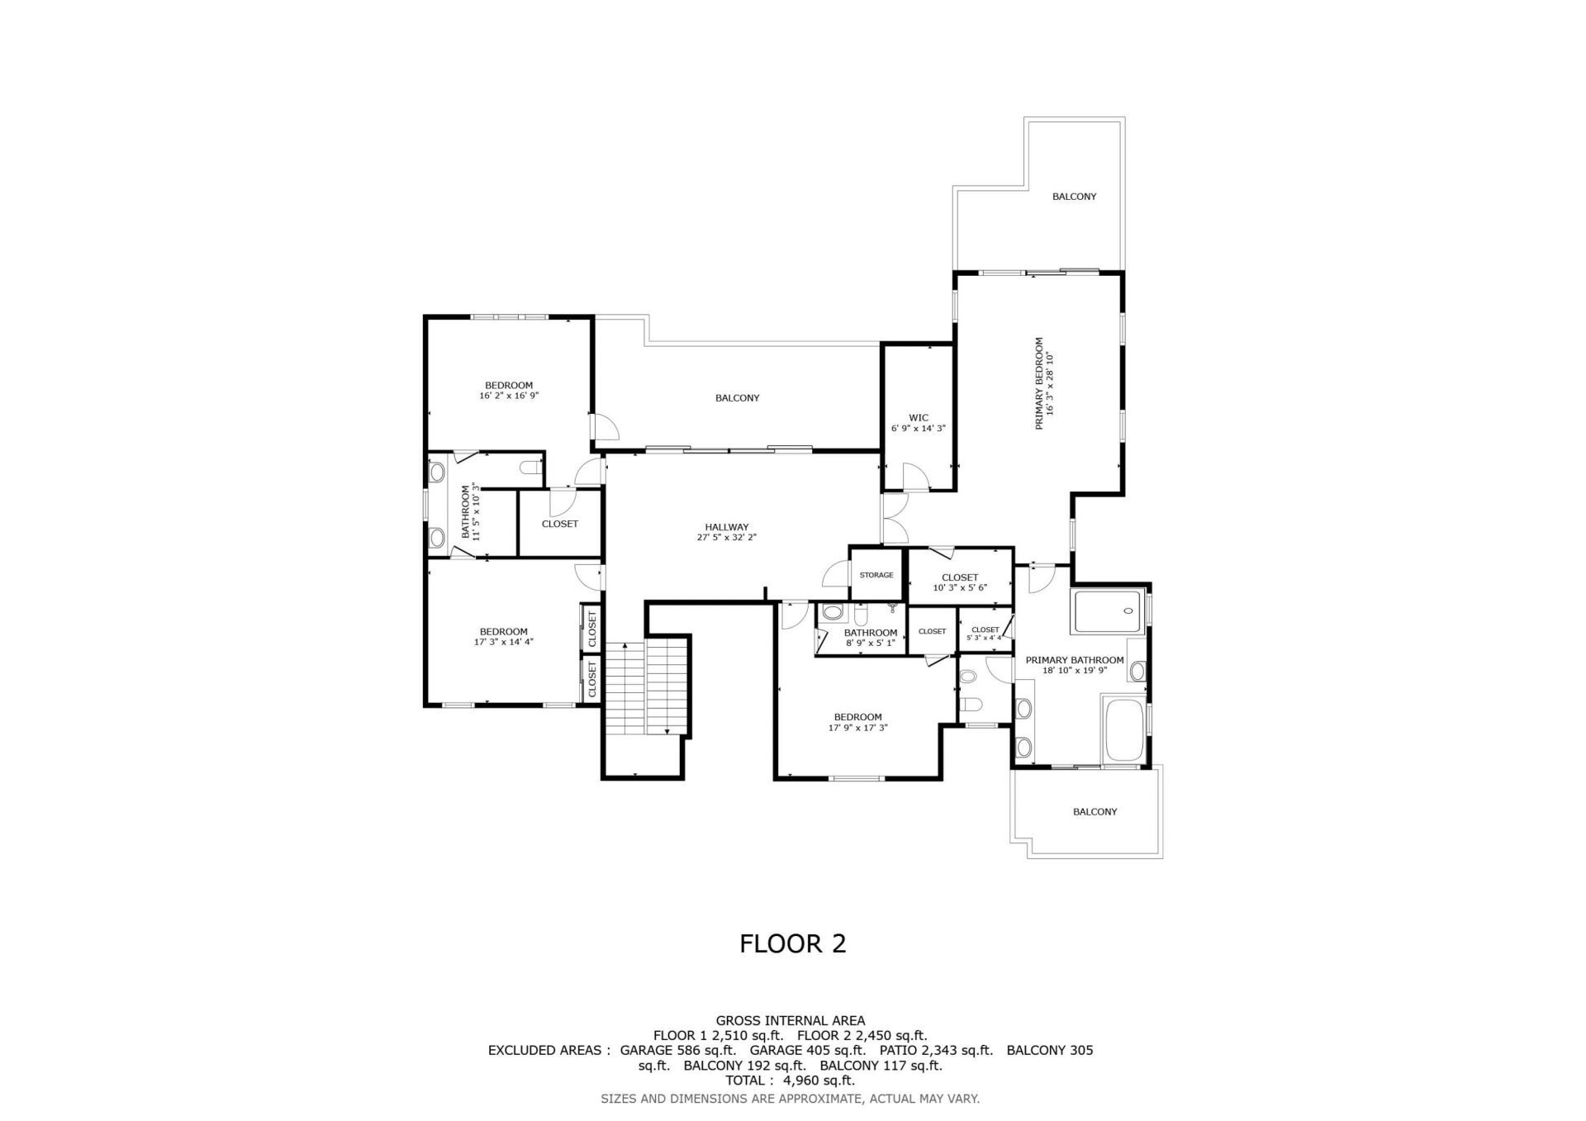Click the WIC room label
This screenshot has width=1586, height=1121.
[x=918, y=418]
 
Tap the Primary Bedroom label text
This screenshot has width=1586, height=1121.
[x=1039, y=383]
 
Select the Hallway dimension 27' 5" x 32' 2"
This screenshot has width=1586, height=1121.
[x=726, y=538]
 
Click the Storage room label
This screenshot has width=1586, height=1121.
[x=876, y=575]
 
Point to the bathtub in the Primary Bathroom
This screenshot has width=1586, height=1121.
[x=1123, y=730]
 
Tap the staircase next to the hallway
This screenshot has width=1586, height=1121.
[x=647, y=687]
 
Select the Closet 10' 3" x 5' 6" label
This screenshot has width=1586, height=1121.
[x=960, y=577]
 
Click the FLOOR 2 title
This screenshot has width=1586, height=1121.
[x=792, y=944]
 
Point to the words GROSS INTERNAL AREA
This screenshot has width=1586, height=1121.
[x=791, y=1021]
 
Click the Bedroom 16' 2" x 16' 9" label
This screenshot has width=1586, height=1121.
[x=509, y=385]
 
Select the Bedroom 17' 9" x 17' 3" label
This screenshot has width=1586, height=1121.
[x=857, y=717]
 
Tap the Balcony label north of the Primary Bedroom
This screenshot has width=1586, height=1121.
[x=1074, y=197]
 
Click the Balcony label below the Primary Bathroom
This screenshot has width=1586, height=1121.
[x=1095, y=812]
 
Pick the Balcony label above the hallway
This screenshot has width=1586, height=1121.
[x=737, y=398]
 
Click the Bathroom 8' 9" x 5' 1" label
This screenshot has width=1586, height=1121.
[x=870, y=633]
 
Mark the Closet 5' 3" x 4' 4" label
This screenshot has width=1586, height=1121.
[x=985, y=630]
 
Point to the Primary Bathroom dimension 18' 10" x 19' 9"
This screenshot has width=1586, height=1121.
[x=1075, y=671]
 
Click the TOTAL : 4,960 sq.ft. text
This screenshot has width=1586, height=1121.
[x=790, y=1081]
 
